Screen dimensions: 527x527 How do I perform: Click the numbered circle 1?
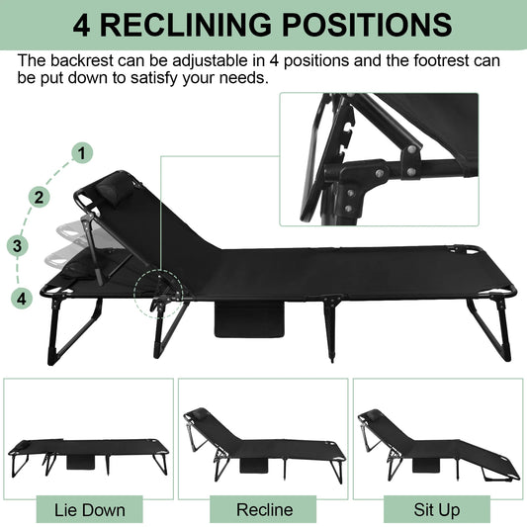(83, 153)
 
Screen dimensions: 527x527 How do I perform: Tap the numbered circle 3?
(16, 244)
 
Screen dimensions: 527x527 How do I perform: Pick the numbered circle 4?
(22, 297)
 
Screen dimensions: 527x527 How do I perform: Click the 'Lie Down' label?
(89, 509)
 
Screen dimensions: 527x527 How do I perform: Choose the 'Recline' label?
(264, 509)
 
